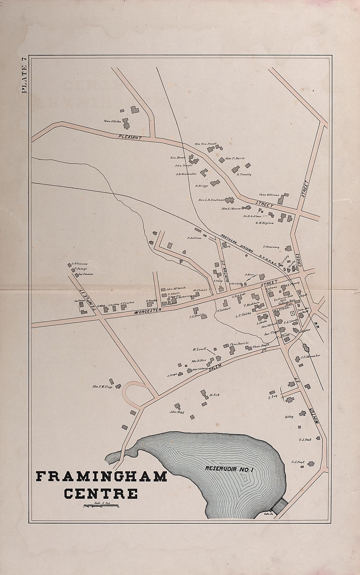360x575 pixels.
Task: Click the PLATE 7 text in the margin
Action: pos(25,75)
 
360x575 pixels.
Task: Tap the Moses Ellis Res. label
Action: pos(113,121)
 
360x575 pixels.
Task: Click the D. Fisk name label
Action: pos(214,395)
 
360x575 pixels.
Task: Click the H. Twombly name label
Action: pos(244,174)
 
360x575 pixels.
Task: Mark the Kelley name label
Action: pos(289,417)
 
